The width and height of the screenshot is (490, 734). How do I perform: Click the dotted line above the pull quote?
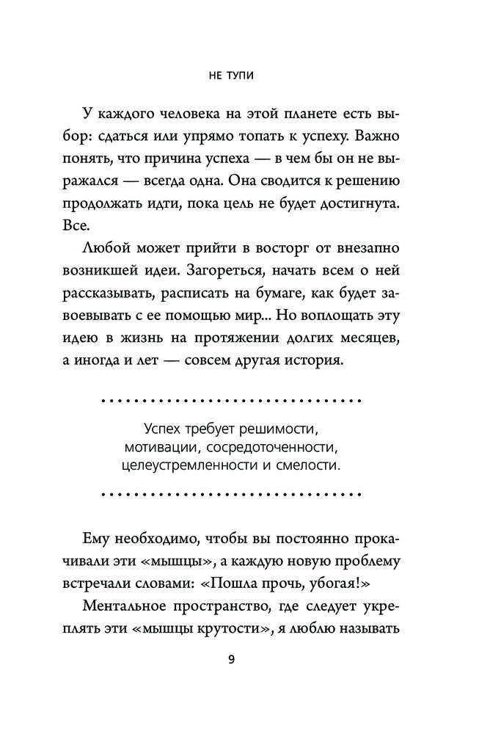click(x=230, y=401)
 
